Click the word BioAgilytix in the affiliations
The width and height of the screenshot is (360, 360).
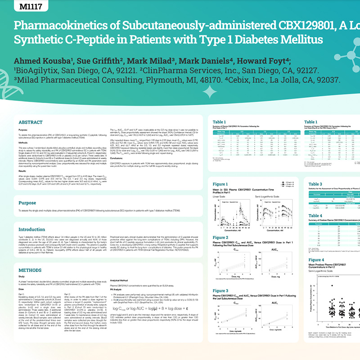38,71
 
